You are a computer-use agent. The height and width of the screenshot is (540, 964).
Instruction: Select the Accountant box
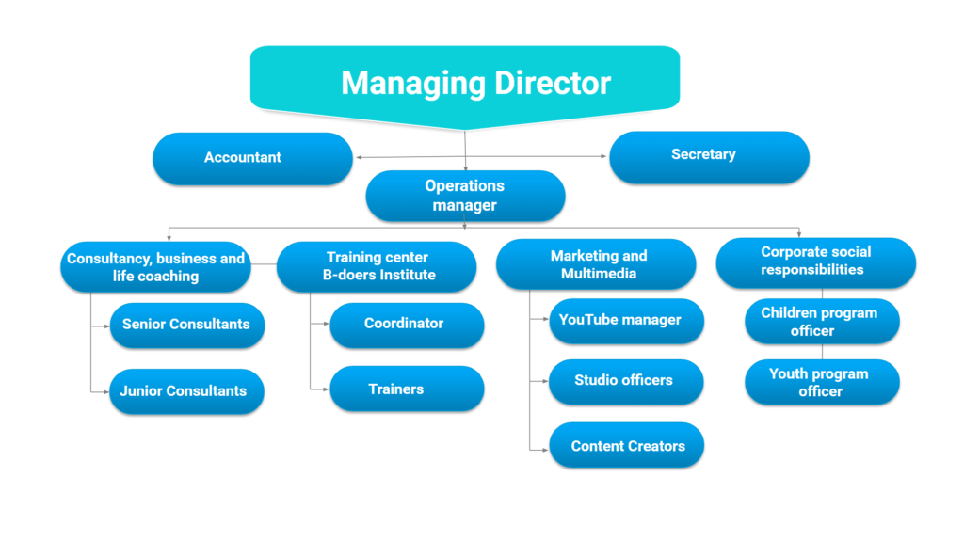point(252,158)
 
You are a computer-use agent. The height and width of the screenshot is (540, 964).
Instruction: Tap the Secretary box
point(709,157)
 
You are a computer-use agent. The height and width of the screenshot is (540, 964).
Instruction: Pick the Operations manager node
point(465,196)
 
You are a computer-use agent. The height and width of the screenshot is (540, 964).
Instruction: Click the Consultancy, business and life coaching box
point(155,266)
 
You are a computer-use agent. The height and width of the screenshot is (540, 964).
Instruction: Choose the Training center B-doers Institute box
point(377,266)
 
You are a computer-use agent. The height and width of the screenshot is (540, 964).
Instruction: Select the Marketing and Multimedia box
point(596,264)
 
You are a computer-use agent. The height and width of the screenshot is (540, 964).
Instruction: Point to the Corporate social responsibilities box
point(816,262)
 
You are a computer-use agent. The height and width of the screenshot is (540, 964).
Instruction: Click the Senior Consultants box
point(187,325)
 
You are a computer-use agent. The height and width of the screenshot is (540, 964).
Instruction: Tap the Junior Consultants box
point(186,391)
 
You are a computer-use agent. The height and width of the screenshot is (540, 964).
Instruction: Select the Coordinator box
point(407,325)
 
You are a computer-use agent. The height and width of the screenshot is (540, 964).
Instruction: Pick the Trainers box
point(407,389)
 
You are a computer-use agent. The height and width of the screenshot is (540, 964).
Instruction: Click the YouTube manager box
point(626,321)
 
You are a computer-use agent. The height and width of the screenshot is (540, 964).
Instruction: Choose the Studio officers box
point(626,382)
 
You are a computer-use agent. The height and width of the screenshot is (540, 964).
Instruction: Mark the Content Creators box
point(626,445)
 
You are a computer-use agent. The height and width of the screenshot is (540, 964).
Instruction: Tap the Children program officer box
point(822,321)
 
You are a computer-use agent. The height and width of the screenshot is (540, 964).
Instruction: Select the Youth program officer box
point(822,382)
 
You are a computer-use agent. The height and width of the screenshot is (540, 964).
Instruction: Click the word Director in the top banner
point(552,83)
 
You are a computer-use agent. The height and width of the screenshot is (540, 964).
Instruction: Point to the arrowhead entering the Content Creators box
point(545,451)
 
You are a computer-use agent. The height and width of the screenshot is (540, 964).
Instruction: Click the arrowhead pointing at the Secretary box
point(603,156)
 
